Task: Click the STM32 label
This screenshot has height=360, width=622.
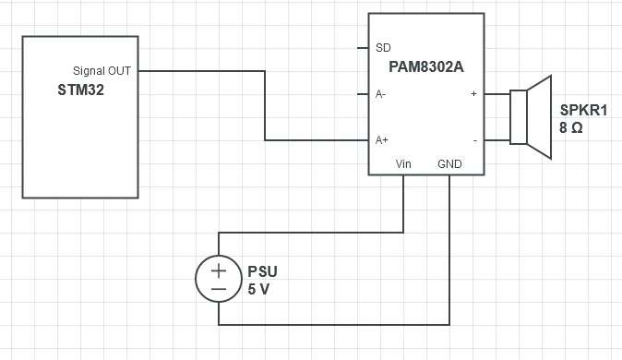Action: (x=81, y=90)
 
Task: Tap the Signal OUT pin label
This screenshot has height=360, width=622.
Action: (x=102, y=71)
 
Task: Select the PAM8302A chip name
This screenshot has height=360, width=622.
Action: (x=426, y=66)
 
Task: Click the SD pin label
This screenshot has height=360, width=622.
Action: (x=383, y=48)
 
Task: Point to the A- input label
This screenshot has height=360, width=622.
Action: (x=380, y=94)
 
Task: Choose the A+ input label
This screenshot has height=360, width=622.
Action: (x=382, y=140)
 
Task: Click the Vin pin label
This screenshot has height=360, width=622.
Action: (x=403, y=164)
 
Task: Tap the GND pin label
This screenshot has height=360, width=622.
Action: (x=449, y=164)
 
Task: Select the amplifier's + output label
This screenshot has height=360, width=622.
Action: (x=473, y=93)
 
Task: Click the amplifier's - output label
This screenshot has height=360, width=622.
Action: (x=475, y=140)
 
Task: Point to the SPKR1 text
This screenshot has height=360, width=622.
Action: (x=583, y=110)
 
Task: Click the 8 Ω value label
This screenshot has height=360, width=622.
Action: (x=571, y=127)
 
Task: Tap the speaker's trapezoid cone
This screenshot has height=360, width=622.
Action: (x=540, y=117)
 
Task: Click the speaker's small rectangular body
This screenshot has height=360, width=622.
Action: (x=519, y=117)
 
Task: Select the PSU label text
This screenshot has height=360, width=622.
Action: (x=263, y=271)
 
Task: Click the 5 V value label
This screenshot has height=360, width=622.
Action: (x=258, y=289)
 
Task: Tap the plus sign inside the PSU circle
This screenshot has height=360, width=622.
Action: (x=219, y=271)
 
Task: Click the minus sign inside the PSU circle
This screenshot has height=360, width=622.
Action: (x=219, y=289)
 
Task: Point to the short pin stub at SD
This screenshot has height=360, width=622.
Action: (x=363, y=48)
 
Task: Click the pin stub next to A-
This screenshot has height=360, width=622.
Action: (x=363, y=94)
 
